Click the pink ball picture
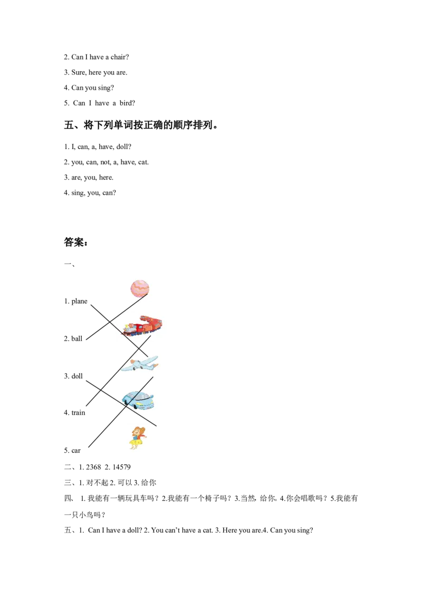click(x=140, y=289)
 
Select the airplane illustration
click(x=139, y=363)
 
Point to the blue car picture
click(x=138, y=400)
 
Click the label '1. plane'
click(x=75, y=301)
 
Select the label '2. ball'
click(x=73, y=339)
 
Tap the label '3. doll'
click(x=73, y=376)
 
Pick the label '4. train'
click(x=75, y=413)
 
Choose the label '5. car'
click(x=72, y=451)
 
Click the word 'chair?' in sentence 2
click(x=120, y=57)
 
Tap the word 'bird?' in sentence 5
click(x=127, y=103)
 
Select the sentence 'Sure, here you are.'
click(x=99, y=72)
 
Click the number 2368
click(x=94, y=467)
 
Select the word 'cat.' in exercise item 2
click(x=143, y=163)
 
